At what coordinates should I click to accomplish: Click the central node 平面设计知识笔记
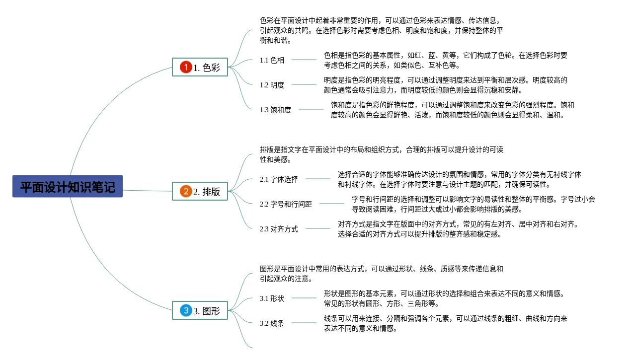[68, 187]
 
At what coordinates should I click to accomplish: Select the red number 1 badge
[185, 68]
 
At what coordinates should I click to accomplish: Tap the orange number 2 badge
[185, 191]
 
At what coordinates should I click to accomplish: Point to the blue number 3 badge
[185, 311]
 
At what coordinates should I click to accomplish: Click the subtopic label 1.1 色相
[272, 60]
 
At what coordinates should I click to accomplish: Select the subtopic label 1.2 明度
[272, 85]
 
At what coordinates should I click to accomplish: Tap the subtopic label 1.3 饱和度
[275, 110]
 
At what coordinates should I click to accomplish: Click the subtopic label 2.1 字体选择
[279, 179]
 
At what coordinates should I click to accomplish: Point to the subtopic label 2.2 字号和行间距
[286, 204]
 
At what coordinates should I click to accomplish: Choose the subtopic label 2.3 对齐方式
[279, 229]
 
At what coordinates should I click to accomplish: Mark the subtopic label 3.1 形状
[272, 298]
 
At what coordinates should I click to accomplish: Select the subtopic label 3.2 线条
[272, 323]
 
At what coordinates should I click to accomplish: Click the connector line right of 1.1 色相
[304, 60]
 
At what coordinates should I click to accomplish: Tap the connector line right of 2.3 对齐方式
[317, 229]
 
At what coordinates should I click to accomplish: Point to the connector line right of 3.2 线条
[304, 323]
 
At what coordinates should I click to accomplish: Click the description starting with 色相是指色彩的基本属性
[445, 60]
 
